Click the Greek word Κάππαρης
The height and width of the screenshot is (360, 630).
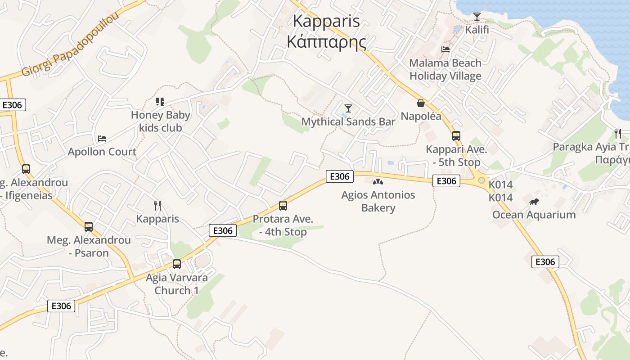point(326,42)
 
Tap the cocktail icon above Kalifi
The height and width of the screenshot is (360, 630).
point(477,17)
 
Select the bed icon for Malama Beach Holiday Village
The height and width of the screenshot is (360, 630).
point(445,49)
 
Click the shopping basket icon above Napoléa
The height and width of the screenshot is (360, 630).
point(421,103)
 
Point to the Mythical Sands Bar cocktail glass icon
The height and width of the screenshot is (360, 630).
point(348,108)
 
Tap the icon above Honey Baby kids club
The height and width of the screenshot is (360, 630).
point(160,102)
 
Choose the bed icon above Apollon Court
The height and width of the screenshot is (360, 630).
point(102,138)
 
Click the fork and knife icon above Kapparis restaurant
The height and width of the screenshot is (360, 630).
point(157,206)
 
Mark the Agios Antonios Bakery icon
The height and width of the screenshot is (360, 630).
point(378,182)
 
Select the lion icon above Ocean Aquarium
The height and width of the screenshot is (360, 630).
point(534,202)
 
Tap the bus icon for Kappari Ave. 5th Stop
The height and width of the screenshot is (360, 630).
point(456,136)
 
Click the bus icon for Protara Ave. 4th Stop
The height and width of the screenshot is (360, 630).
point(283,206)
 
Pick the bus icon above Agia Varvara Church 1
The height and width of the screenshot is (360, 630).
point(177,264)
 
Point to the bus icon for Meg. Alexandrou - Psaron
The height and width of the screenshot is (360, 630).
point(89,226)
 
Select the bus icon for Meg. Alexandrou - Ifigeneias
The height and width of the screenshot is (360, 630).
point(26,169)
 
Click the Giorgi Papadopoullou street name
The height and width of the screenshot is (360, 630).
point(71,45)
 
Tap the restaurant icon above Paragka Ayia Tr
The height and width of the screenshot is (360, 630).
point(618,133)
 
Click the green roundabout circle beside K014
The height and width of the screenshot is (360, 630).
point(481,180)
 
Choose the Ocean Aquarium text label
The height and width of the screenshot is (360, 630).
point(534,215)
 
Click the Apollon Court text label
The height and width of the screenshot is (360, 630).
point(102,152)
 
